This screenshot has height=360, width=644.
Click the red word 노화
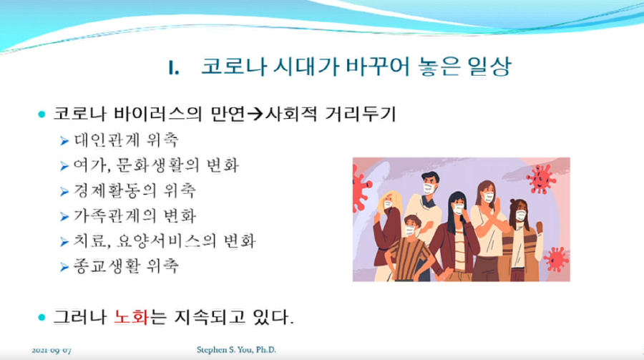tap(131, 317)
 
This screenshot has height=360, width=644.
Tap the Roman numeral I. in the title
tap(174, 68)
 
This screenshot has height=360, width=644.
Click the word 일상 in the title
tap(489, 67)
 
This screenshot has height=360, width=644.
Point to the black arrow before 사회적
tap(255, 114)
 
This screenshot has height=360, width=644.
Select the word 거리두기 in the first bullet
tap(360, 114)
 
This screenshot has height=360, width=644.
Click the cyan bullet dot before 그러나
tap(42, 317)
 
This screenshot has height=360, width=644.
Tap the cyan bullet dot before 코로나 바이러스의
tap(42, 114)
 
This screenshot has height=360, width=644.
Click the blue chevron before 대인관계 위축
tap(64, 141)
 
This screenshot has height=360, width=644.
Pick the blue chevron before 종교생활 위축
tap(64, 267)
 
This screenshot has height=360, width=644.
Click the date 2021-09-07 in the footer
tap(52, 351)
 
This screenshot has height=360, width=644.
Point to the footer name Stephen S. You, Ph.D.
tap(236, 350)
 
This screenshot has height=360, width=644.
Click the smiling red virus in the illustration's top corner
tap(541, 179)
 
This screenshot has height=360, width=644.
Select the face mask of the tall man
tap(429, 189)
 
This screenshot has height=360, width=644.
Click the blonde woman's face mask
tap(388, 205)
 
